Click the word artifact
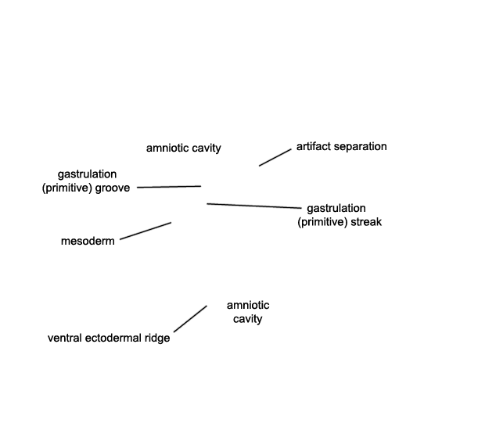coord(312,146)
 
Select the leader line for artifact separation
coord(275,157)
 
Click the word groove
coord(113,188)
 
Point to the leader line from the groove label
coord(169,187)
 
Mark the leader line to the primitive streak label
coord(254,206)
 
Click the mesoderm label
coord(88,241)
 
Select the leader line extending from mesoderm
coord(145,231)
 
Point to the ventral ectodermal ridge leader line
coord(190,319)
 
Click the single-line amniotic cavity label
coord(184,148)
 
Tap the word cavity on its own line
coord(248,319)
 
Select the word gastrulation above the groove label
coord(88,174)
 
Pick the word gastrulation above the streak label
coord(336,209)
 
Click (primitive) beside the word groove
coord(67,188)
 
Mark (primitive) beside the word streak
coord(322,222)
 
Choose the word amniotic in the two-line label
coord(248,306)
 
